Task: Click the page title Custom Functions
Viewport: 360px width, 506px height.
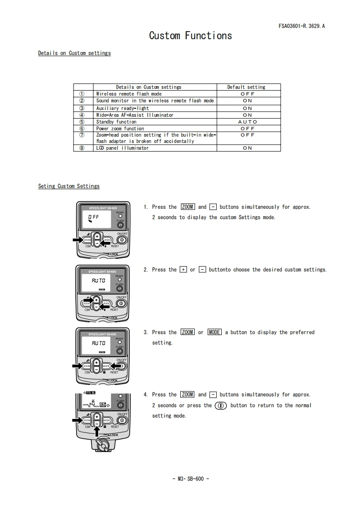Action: pos(191,36)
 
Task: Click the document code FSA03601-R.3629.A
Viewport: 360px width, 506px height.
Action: pos(301,26)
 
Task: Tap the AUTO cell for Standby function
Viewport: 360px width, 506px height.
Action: pos(247,122)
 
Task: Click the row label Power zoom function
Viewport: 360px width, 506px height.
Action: pos(120,129)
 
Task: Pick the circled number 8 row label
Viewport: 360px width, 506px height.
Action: pos(82,148)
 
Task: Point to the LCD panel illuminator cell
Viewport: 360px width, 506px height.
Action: pos(122,148)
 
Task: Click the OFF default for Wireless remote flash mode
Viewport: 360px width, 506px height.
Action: pos(247,94)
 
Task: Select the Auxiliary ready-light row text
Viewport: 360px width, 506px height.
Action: pos(122,108)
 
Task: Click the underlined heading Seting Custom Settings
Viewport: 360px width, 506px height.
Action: pos(69,186)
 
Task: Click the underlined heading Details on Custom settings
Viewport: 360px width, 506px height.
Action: pos(74,53)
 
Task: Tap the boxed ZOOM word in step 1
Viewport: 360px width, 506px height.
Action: pos(187,207)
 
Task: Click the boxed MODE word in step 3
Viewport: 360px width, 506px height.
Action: pos(214,332)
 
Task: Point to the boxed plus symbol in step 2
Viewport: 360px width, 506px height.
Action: pos(183,270)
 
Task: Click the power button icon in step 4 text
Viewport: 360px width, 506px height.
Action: pos(221,405)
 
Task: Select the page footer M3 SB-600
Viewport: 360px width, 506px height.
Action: pos(191,478)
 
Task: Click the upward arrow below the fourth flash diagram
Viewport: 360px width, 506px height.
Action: pos(96,432)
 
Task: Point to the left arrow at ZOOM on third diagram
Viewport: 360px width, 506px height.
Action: pos(77,365)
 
